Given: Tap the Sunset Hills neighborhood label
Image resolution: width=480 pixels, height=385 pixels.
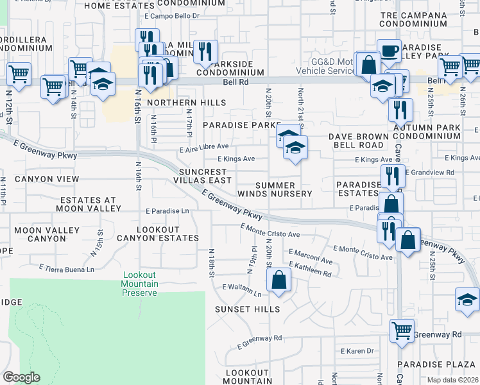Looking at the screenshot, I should (x=248, y=309).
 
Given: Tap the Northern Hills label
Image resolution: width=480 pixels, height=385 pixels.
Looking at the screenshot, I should (x=186, y=103).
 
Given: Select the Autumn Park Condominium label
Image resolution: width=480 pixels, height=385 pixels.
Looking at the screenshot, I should (x=427, y=132).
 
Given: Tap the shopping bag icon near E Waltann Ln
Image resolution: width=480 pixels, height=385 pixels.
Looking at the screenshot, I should (x=279, y=280).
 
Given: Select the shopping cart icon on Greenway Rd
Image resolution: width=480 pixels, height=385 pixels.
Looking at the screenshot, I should (x=402, y=331).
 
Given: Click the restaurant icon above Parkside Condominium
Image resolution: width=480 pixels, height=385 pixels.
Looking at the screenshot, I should (x=205, y=51).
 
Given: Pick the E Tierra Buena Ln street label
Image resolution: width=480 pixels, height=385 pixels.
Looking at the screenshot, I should (x=67, y=268).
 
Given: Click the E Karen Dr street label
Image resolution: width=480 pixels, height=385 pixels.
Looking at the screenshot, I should (x=357, y=351).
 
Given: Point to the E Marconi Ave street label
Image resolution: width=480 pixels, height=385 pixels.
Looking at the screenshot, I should (x=311, y=257).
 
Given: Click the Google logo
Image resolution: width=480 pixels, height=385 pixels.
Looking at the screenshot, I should (x=21, y=377).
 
